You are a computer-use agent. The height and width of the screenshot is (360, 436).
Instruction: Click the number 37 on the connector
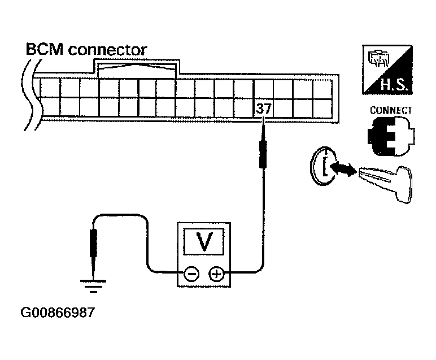263,109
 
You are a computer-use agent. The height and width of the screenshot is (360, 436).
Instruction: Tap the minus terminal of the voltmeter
191,275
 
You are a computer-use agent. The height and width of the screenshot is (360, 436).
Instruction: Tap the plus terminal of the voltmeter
216,275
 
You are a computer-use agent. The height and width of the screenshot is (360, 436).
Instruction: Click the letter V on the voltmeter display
204,242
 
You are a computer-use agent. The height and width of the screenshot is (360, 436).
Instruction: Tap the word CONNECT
390,111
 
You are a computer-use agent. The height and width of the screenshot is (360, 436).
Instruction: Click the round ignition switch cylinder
323,166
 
